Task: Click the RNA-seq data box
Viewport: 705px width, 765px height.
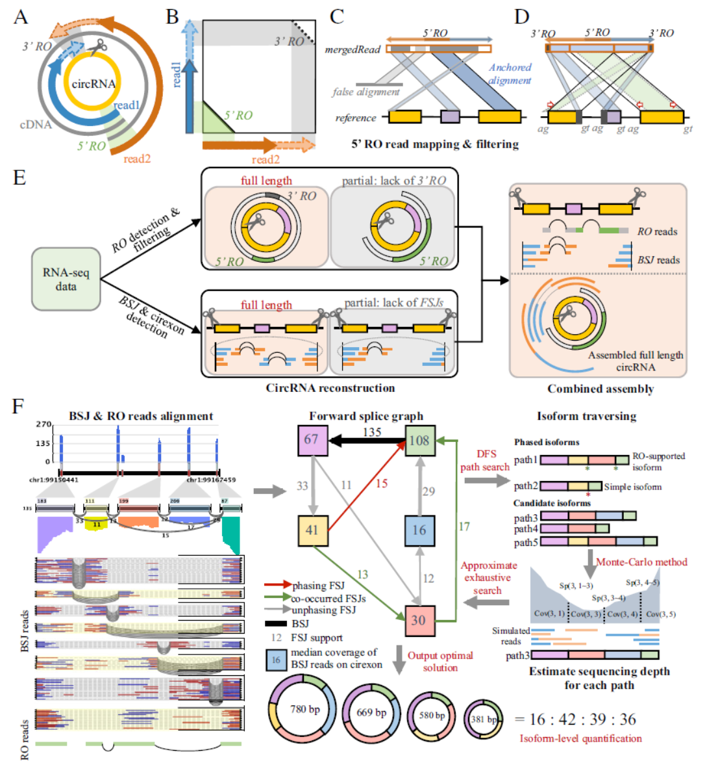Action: coord(66,279)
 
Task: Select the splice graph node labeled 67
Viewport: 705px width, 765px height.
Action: coord(311,439)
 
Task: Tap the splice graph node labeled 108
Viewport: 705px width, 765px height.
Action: coord(419,440)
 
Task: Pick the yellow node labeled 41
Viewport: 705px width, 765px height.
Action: coord(312,529)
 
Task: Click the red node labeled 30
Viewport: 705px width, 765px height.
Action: coord(419,620)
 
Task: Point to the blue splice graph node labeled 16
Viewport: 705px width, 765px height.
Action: coord(419,530)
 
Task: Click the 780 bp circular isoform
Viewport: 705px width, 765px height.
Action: coord(304,710)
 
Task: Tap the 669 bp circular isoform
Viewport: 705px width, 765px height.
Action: coord(371,713)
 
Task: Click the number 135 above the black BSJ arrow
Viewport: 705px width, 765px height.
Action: coord(371,432)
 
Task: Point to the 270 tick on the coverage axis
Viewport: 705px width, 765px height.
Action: coord(43,424)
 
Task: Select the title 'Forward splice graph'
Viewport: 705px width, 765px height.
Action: coord(366,416)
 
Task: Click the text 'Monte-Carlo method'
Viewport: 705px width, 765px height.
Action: coord(641,562)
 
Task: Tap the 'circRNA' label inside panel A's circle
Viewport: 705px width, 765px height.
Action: coord(93,84)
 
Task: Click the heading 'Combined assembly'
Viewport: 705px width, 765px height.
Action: coord(600,389)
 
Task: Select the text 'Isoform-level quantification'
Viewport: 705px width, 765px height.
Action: coord(580,738)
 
